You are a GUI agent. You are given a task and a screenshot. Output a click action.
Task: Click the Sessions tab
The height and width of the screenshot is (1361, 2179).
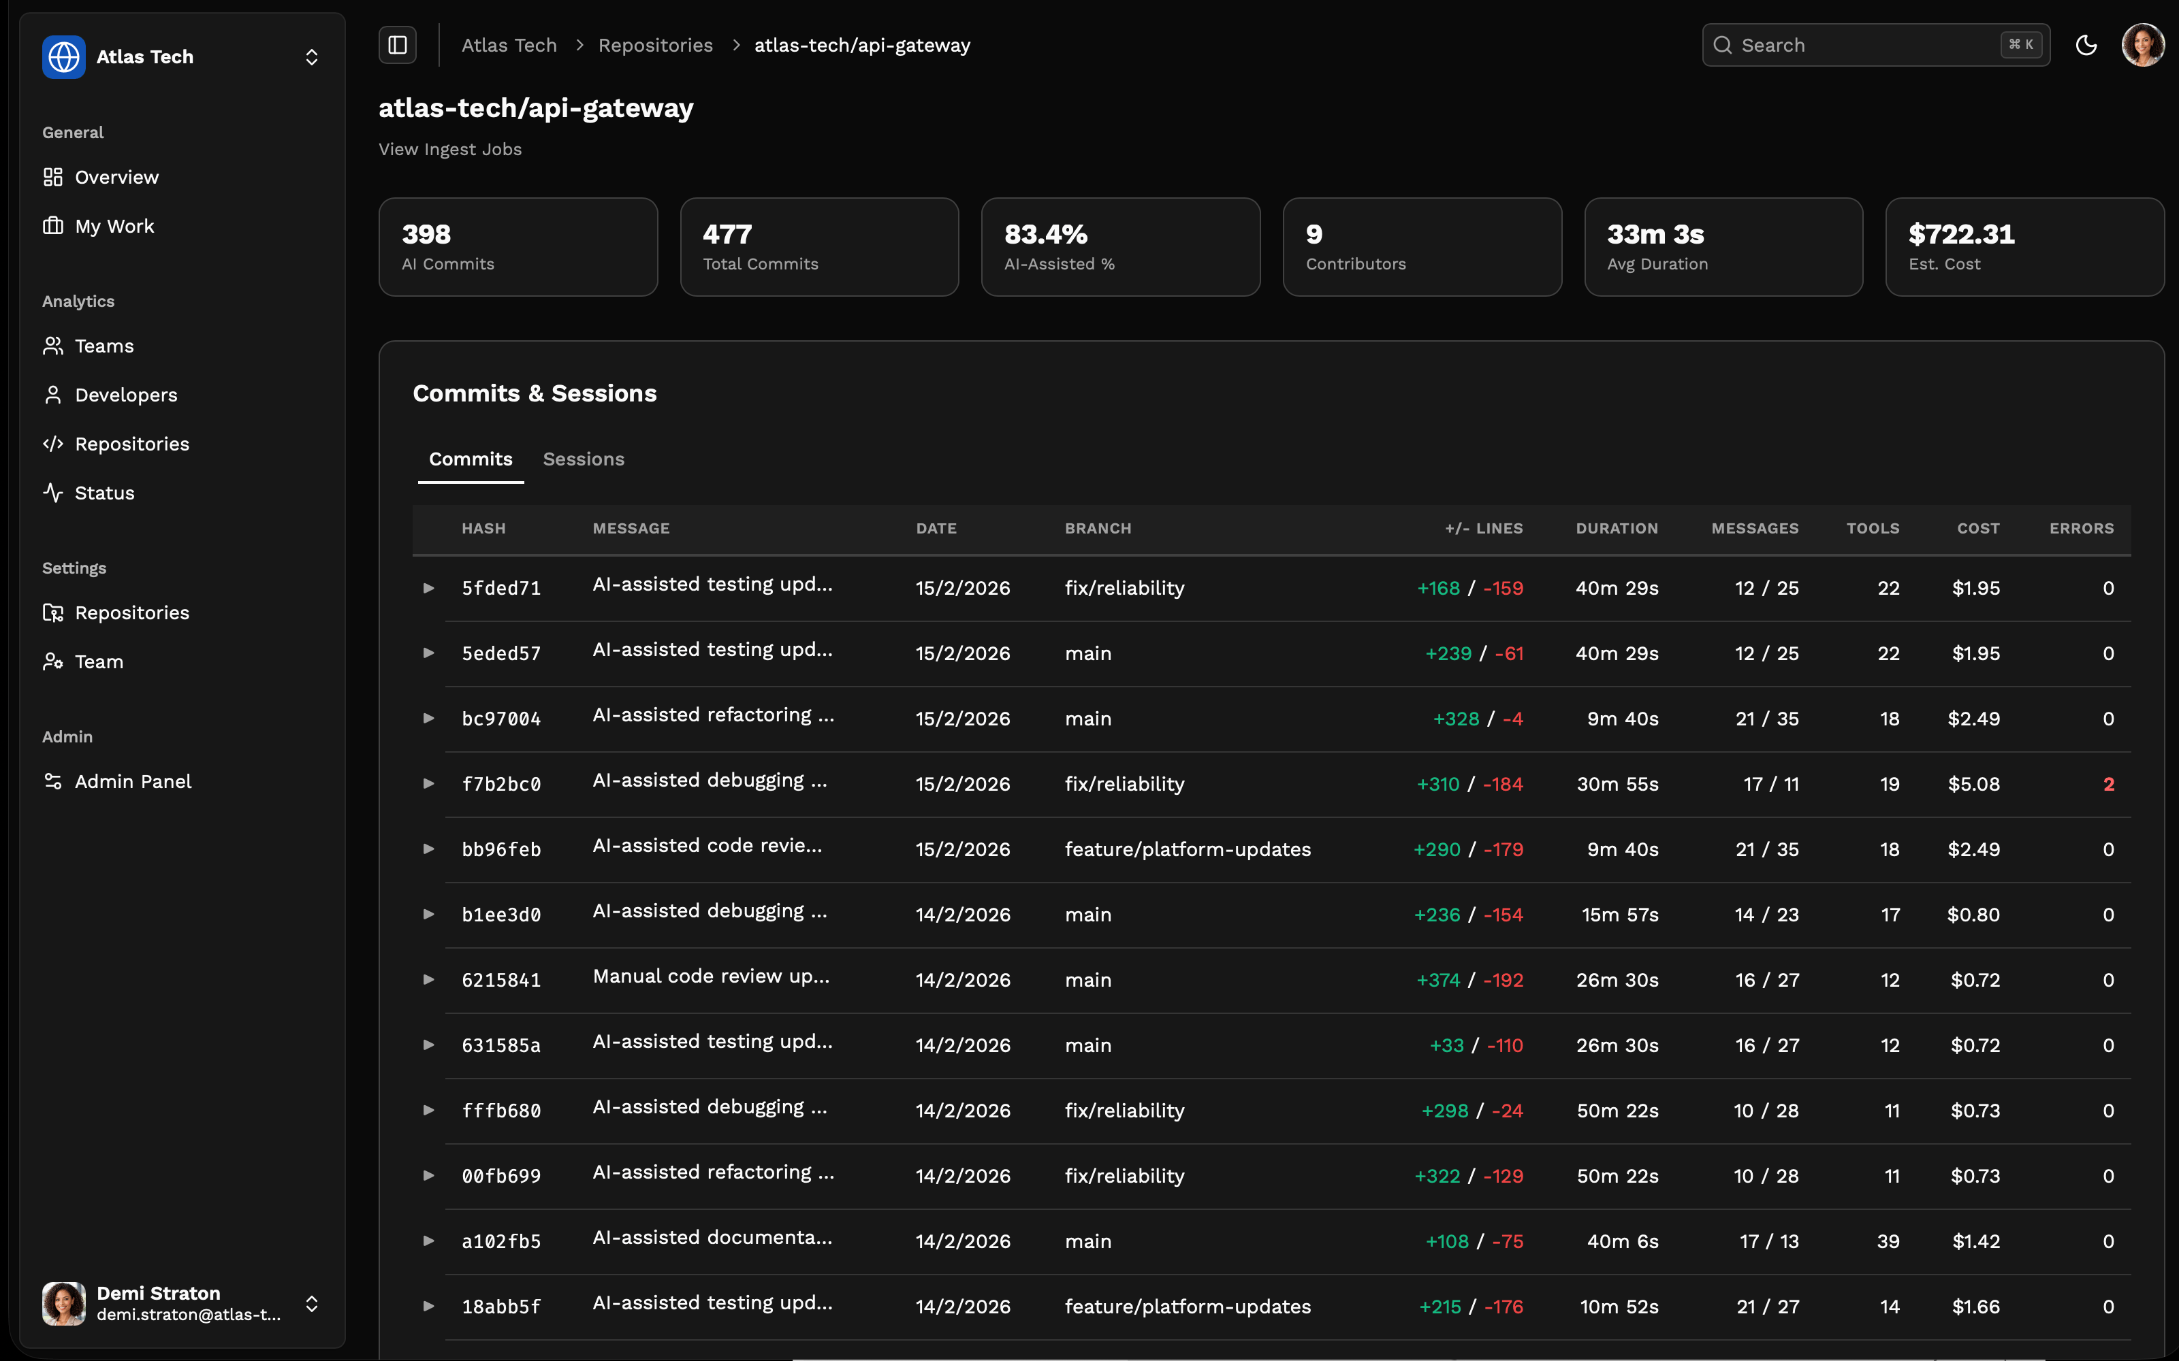(583, 459)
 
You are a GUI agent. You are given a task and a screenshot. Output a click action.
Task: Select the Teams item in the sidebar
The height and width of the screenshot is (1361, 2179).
(104, 346)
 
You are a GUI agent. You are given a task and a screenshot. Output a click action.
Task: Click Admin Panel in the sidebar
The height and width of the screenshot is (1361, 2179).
(132, 781)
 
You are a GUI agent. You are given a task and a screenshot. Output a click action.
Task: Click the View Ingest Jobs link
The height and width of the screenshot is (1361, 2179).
(449, 150)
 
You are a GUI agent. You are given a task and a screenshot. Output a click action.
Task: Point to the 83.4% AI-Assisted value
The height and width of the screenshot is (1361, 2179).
(1045, 234)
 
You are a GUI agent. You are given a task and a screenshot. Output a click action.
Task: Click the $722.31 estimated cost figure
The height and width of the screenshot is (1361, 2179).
(1961, 234)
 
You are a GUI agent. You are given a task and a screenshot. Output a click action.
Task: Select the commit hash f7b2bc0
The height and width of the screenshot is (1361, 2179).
(500, 784)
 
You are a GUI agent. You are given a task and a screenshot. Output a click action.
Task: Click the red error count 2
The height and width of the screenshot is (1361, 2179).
(2108, 784)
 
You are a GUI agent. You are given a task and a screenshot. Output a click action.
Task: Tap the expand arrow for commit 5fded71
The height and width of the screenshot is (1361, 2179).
(428, 588)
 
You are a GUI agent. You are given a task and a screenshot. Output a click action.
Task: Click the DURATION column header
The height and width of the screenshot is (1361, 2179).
(1617, 528)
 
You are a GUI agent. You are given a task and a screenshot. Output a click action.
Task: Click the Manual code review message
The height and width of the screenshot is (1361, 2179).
(710, 977)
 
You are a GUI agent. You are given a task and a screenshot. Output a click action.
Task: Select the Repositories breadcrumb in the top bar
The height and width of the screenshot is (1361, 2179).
(654, 45)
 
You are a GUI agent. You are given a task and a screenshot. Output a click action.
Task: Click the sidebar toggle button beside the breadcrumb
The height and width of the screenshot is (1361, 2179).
(397, 45)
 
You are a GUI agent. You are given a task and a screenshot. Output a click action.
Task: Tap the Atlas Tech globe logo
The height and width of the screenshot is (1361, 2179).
(64, 56)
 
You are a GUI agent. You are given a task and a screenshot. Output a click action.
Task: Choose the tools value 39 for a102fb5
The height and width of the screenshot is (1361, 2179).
(1888, 1241)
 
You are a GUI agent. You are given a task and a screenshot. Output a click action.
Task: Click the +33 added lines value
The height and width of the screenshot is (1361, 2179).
(1446, 1045)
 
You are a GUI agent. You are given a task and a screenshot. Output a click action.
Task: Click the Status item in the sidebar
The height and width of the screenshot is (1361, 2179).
(104, 493)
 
